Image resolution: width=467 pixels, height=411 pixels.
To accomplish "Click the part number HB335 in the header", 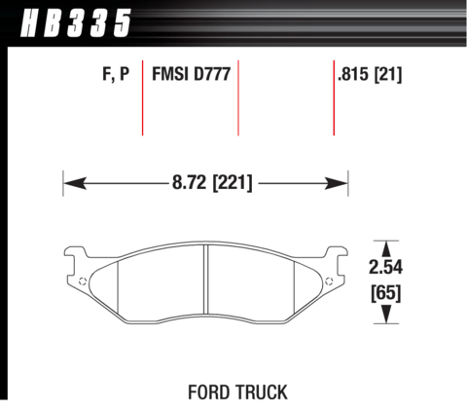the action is (76, 22).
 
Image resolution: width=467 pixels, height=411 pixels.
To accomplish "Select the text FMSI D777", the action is (192, 74).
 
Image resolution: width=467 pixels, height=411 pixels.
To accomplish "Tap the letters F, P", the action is (116, 74).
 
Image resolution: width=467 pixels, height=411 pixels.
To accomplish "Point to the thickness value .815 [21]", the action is (370, 74).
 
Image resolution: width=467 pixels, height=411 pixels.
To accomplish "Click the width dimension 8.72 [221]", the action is (212, 182).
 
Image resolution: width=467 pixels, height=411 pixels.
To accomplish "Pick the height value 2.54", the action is (385, 267).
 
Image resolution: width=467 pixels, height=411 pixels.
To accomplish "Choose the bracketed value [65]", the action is (386, 293).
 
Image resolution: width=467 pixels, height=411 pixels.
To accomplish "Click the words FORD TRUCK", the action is (237, 392).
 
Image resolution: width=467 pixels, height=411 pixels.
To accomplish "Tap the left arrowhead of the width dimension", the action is (75, 183).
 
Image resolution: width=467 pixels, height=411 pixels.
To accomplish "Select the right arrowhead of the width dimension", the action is (336, 183).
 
